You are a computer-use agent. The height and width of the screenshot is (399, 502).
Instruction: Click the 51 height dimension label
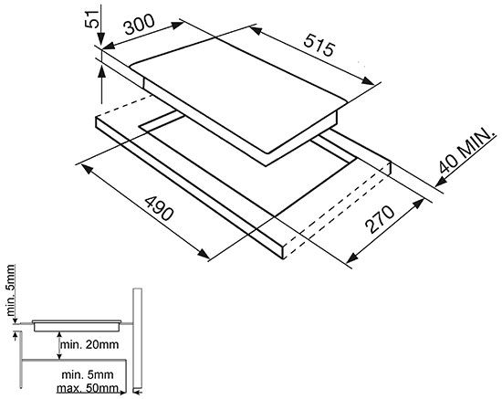click(x=91, y=19)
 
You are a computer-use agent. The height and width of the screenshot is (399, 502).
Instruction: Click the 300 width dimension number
click(x=140, y=25)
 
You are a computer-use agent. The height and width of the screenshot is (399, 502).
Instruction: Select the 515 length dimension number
click(x=319, y=45)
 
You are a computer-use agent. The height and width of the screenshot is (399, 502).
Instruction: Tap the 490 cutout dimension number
click(x=159, y=208)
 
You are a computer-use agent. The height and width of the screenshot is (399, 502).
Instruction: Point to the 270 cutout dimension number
click(x=380, y=219)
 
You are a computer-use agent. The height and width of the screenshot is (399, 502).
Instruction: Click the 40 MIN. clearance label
click(x=466, y=151)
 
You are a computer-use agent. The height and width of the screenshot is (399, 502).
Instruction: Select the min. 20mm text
click(x=89, y=344)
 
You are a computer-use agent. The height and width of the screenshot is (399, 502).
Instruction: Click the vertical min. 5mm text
click(x=11, y=289)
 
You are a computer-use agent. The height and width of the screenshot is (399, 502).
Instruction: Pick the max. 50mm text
click(x=88, y=388)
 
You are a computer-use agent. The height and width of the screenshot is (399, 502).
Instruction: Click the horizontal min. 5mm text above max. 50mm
click(x=88, y=374)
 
